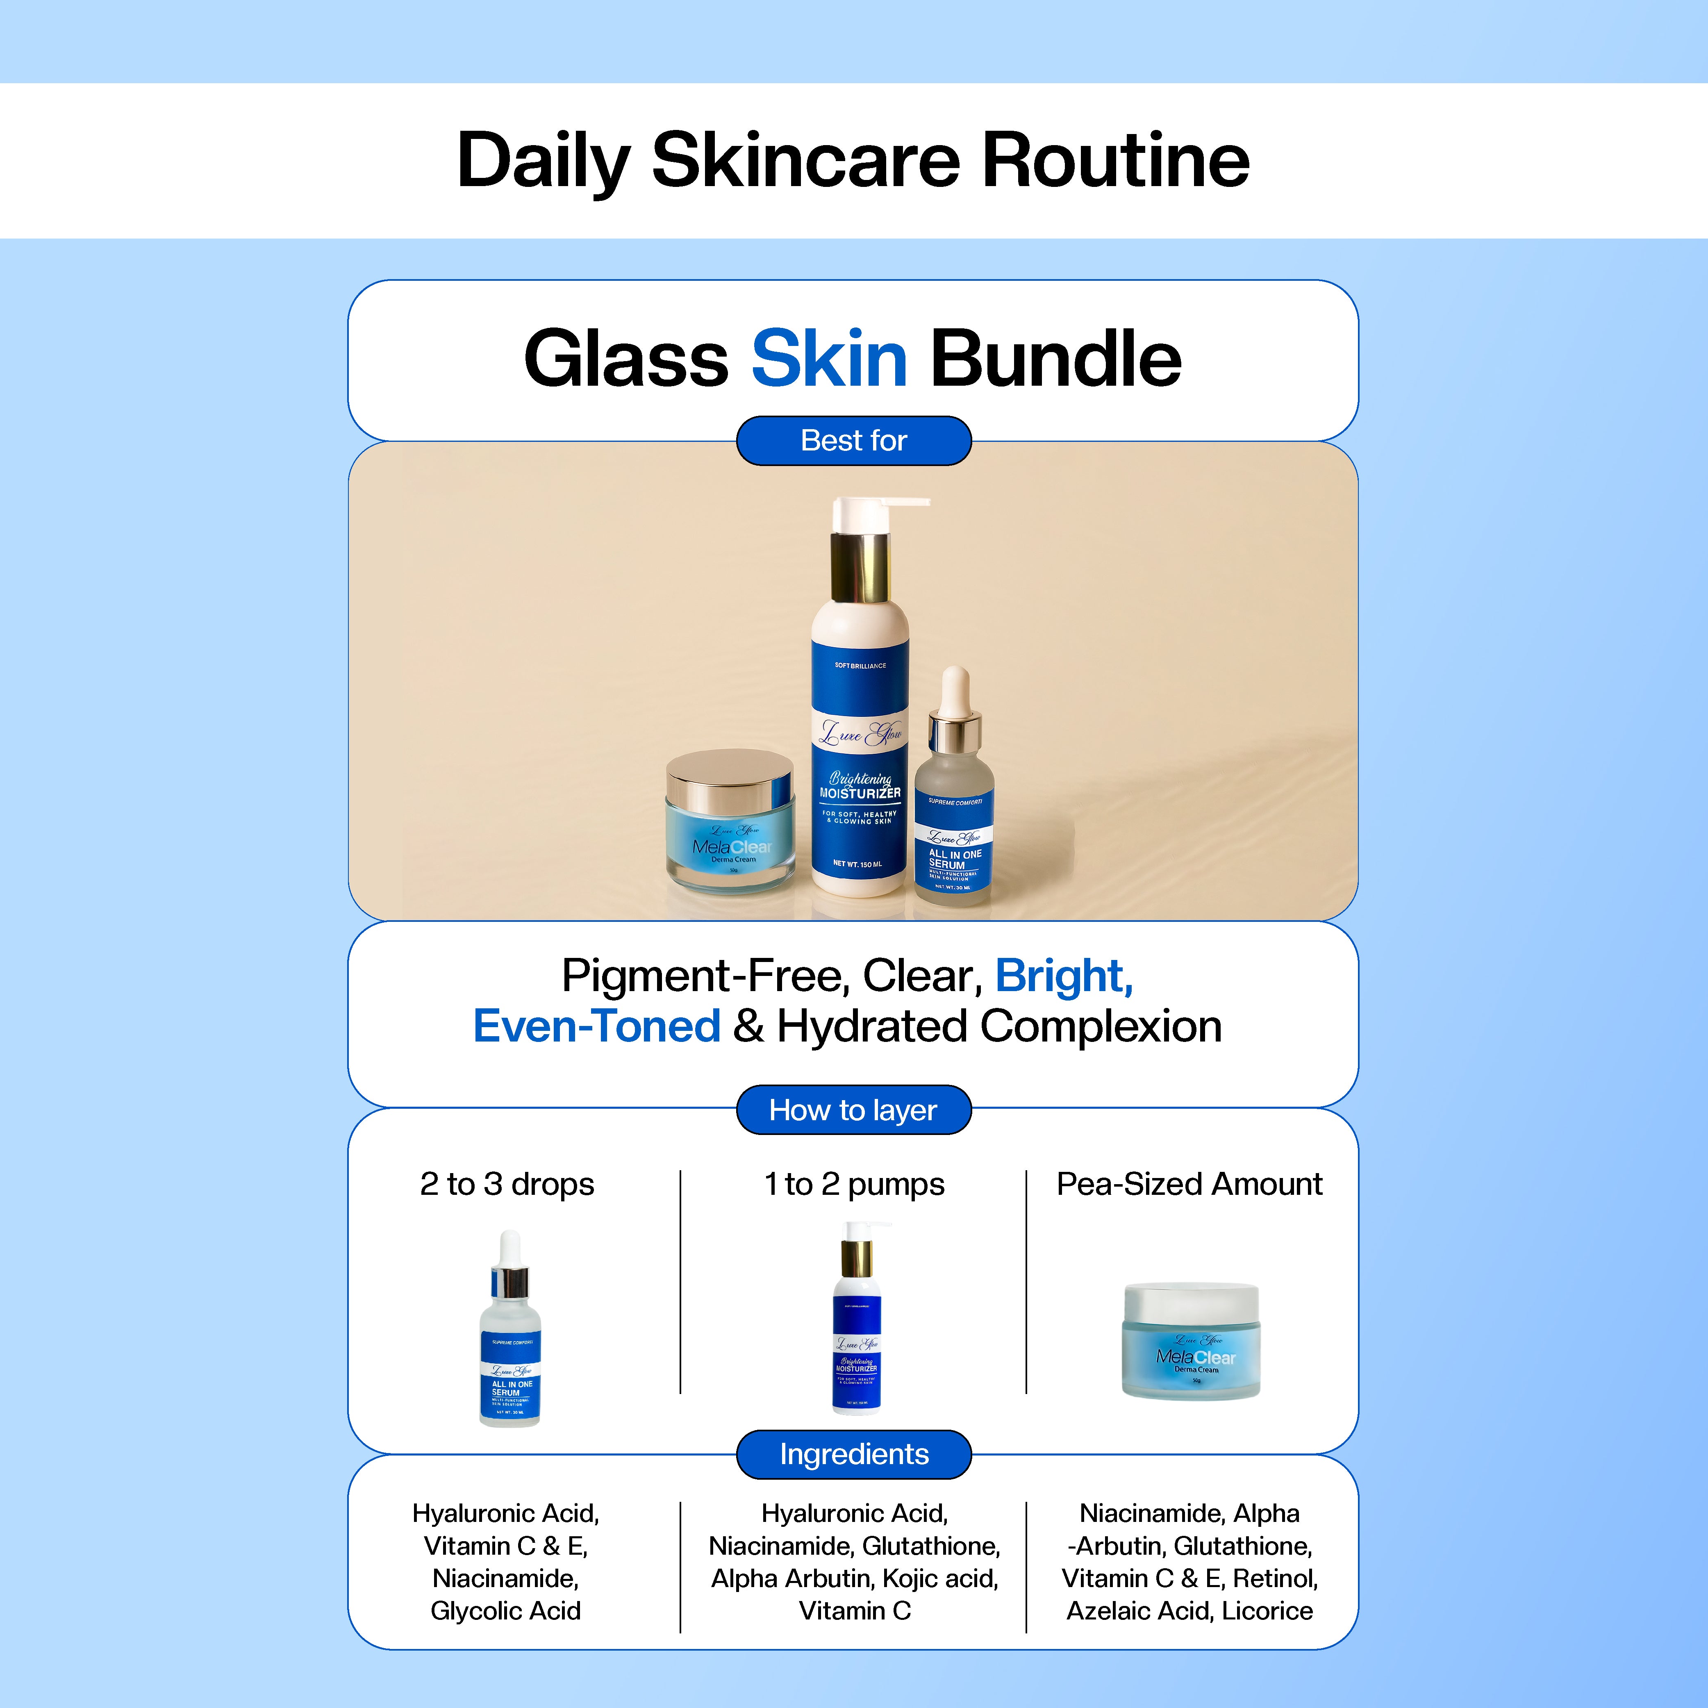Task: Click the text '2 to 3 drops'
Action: pos(507,1184)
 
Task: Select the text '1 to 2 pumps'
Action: pos(854,1184)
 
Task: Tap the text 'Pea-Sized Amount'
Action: pos(1189,1184)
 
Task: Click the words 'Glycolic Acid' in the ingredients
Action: pos(506,1611)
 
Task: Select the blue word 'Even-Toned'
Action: pos(597,1026)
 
